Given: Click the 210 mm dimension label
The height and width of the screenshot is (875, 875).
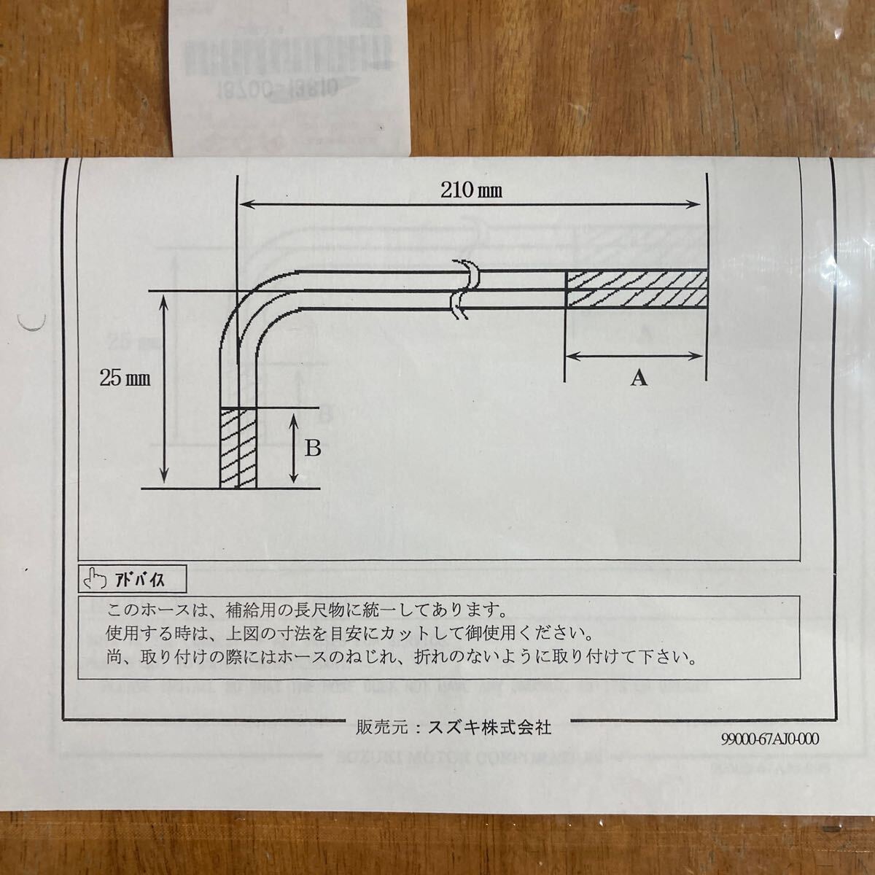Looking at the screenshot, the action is click(x=471, y=191).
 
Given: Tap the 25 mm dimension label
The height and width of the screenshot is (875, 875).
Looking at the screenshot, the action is click(x=125, y=378).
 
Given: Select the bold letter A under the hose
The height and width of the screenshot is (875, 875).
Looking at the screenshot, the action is click(x=639, y=378).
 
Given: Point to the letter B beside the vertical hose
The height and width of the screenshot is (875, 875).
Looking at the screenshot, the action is click(x=312, y=448).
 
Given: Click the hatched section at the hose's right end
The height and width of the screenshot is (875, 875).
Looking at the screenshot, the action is click(x=636, y=289).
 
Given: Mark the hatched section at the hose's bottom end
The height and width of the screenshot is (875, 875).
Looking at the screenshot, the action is click(x=238, y=448).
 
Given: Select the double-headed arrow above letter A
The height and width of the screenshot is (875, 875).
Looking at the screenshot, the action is click(x=634, y=356).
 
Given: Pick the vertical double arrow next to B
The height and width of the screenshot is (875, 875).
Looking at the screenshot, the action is click(x=293, y=448).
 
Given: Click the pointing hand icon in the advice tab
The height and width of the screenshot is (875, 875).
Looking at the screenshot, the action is click(x=93, y=580).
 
